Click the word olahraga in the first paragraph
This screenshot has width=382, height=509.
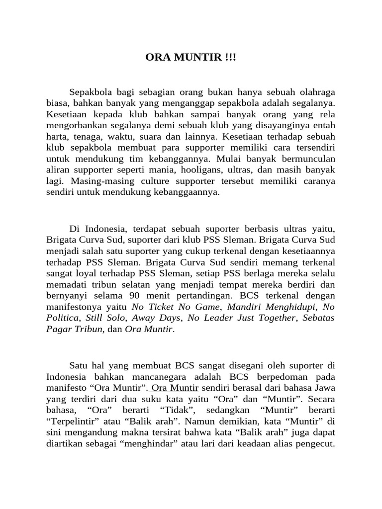[315, 92]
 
